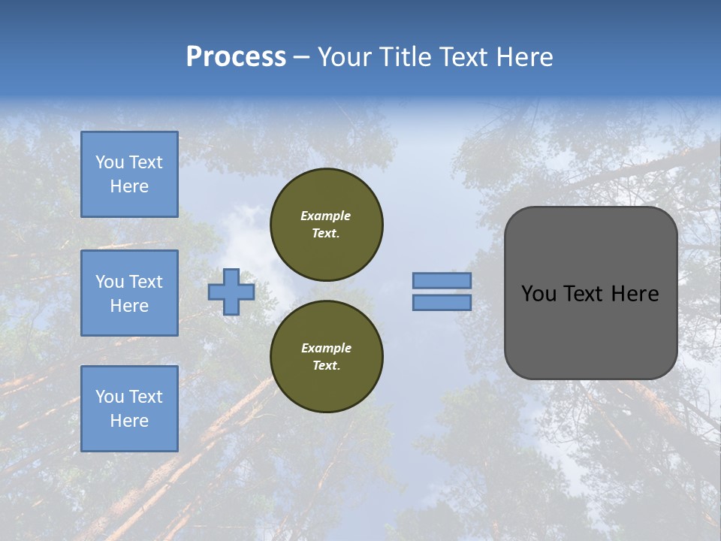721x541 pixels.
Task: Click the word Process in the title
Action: point(236,57)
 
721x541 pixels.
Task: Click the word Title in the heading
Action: point(404,57)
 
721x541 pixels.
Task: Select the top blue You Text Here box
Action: point(129,174)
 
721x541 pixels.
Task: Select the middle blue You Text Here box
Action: point(129,293)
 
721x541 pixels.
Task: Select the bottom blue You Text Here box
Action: point(129,409)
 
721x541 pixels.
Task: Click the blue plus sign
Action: point(231,292)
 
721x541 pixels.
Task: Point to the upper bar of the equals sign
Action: point(442,280)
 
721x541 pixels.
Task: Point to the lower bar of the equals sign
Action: point(442,303)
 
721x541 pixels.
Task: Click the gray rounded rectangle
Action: point(591,331)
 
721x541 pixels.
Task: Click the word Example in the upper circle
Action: point(326,216)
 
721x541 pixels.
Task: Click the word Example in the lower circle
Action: point(326,348)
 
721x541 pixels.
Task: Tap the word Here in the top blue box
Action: point(129,186)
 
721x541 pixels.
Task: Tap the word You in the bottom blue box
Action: point(110,397)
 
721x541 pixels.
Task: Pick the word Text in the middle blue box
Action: point(146,282)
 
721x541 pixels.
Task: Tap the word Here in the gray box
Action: point(635,294)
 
